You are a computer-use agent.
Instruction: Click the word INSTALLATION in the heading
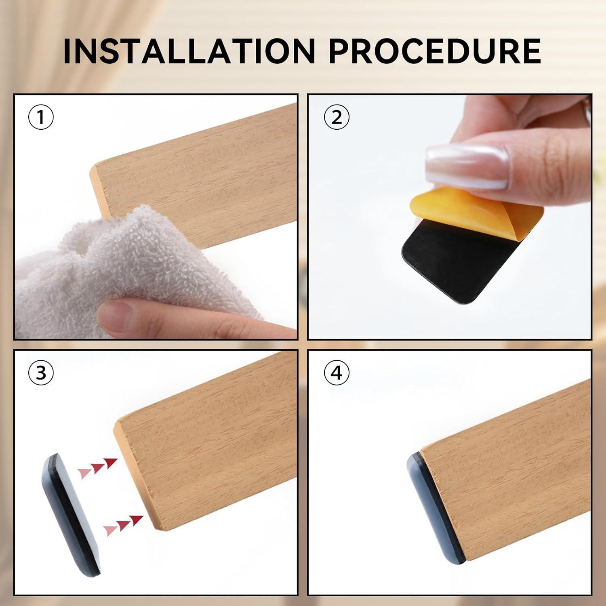tap(189, 51)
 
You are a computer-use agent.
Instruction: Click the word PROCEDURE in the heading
tap(435, 51)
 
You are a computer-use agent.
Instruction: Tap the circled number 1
tap(41, 118)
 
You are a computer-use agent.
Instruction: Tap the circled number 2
tap(337, 118)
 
